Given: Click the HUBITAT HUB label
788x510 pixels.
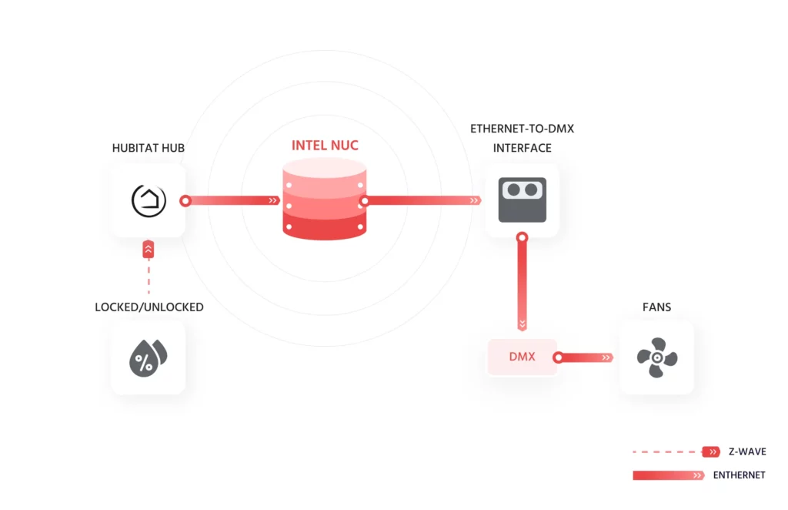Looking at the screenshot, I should click(x=148, y=147).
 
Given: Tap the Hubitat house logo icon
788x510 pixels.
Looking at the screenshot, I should click(x=148, y=200).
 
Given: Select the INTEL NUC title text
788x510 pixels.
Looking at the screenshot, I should click(x=325, y=145).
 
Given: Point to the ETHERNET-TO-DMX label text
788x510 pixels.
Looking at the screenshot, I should click(x=522, y=129).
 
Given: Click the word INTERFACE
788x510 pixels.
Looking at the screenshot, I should click(x=522, y=147).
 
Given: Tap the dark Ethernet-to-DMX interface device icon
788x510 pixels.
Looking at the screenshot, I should click(x=522, y=200).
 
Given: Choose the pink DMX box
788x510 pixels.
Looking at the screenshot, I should click(x=522, y=357).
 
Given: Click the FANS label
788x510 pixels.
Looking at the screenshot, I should click(x=656, y=307).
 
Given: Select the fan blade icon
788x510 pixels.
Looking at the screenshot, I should click(x=656, y=357).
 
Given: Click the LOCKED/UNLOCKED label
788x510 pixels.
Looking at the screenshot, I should click(x=149, y=307).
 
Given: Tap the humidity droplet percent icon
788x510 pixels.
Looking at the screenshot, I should click(x=148, y=357).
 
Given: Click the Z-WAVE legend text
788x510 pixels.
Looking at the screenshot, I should click(x=746, y=451).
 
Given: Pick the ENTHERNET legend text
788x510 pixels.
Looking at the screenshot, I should click(x=739, y=475).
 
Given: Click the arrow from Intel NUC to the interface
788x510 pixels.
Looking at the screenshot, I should click(x=423, y=200).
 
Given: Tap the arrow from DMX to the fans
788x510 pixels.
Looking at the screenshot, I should click(x=585, y=357).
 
